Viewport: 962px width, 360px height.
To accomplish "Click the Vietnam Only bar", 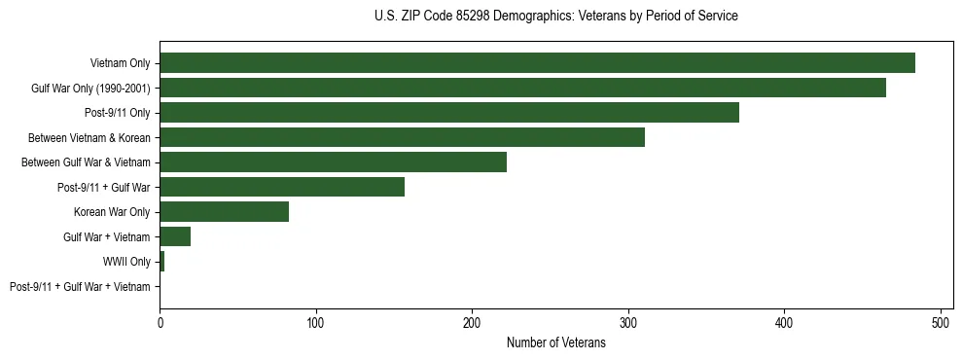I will point(537,62).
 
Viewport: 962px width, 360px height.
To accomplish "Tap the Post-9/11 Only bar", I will point(449,112).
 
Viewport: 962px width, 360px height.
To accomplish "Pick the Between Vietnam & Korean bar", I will point(402,137).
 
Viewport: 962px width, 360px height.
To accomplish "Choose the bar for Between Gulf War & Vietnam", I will point(333,162).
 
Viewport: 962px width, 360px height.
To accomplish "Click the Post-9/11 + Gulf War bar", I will point(282,187).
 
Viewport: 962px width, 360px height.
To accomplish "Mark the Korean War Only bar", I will point(224,211).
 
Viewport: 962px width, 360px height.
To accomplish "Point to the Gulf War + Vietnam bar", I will point(175,236).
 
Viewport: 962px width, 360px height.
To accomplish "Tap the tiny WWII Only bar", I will point(161,262).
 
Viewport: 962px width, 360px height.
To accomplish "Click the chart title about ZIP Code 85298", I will point(555,17).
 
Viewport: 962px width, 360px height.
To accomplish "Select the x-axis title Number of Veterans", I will point(555,342).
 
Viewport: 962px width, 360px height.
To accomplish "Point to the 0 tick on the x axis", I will point(160,321).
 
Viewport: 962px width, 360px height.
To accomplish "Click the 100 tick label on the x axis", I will point(316,321).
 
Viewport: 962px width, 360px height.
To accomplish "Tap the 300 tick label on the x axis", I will point(628,321).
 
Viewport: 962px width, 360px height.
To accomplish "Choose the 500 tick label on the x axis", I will point(941,321).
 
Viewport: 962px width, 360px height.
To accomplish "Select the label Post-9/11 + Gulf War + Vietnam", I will point(80,287).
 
